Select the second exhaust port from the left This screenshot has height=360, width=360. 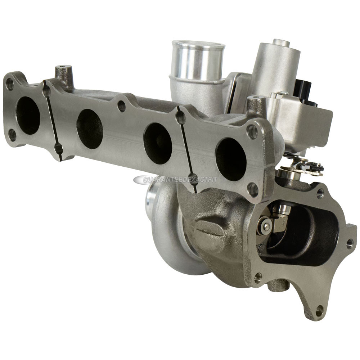90,129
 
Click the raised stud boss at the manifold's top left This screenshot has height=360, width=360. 64,74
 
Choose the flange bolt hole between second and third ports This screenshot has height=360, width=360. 122,106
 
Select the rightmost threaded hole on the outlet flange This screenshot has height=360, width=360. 350,244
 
